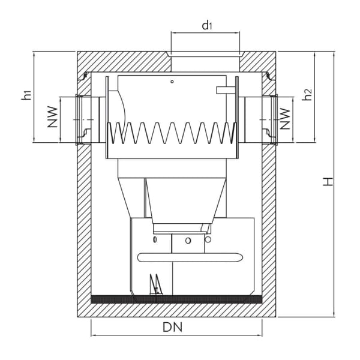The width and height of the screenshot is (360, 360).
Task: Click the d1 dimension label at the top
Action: tap(206, 25)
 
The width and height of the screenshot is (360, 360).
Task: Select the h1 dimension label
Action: tap(25, 95)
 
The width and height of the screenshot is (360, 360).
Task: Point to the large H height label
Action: tap(328, 181)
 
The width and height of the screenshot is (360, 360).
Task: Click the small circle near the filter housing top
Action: tap(172, 81)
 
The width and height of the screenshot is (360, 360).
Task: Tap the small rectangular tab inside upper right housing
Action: tap(225, 90)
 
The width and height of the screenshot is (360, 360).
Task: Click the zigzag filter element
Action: tap(172, 134)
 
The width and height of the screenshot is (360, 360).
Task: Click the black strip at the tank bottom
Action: tap(176, 298)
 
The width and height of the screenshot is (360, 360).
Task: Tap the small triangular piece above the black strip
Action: tap(155, 284)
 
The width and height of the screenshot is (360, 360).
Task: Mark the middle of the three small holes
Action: tap(188, 240)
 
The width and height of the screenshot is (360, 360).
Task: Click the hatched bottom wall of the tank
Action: tap(176, 310)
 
